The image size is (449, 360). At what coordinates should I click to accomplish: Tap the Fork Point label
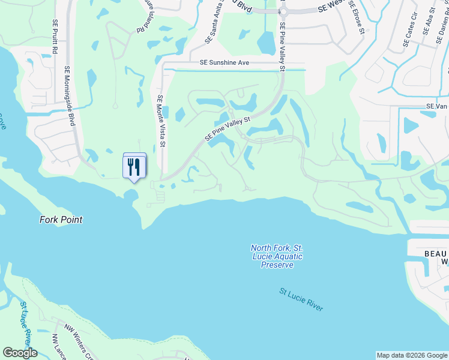(x=61, y=220)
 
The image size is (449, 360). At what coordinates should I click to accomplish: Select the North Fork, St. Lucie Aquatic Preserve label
(x=277, y=256)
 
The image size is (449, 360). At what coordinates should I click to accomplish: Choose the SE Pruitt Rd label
(x=55, y=37)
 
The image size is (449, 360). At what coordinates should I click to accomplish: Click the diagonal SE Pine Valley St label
(x=227, y=129)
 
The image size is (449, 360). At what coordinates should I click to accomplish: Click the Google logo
(x=20, y=353)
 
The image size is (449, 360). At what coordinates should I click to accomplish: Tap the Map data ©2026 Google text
(x=412, y=355)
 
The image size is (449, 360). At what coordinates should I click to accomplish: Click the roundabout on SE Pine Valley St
(x=283, y=11)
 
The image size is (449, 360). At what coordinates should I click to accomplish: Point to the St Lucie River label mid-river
(x=301, y=299)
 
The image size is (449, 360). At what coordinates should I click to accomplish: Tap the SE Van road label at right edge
(x=437, y=106)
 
